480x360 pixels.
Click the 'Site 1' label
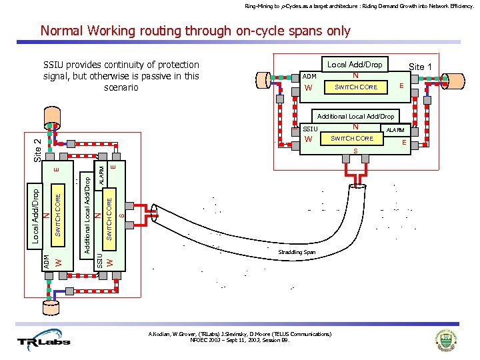click(420, 67)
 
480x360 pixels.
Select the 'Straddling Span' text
click(296, 253)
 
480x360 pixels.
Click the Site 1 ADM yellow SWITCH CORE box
click(356, 87)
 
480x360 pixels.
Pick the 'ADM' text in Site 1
click(309, 77)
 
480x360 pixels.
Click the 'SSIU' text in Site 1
click(311, 128)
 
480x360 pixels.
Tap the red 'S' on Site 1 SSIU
click(355, 151)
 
